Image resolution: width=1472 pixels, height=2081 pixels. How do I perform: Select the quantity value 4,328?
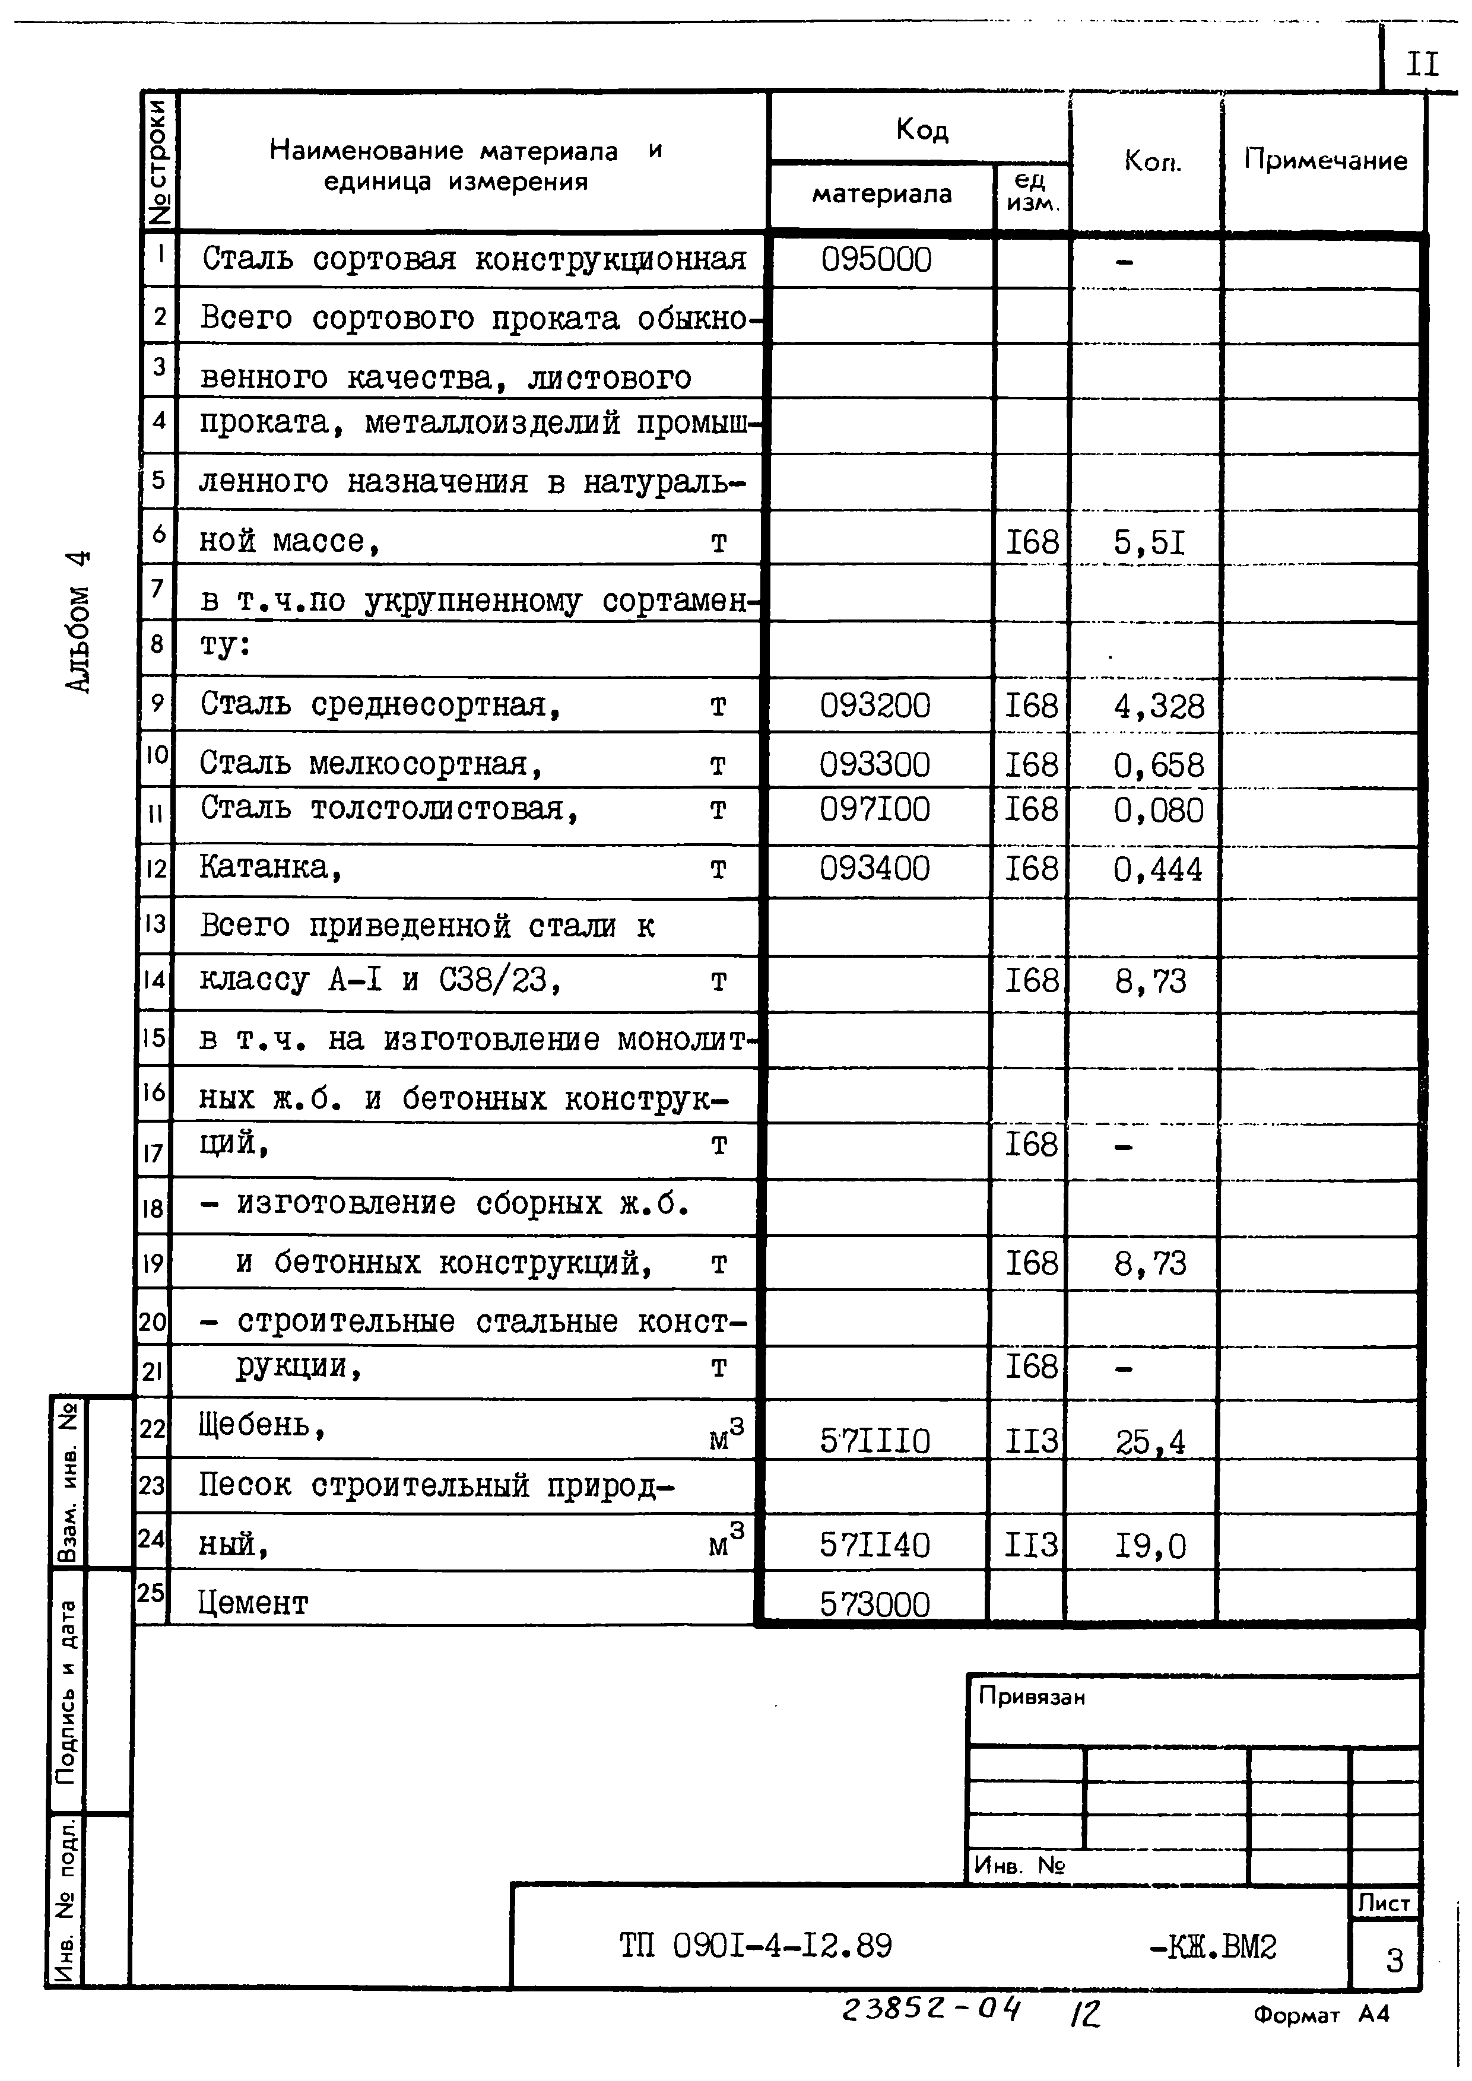click(1159, 707)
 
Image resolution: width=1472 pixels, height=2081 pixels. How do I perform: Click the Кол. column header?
click(1152, 161)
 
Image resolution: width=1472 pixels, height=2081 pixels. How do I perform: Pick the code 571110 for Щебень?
click(875, 1441)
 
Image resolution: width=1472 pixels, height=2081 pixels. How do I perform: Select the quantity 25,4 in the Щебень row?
click(1149, 1442)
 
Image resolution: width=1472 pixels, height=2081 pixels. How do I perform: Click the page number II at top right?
click(1421, 64)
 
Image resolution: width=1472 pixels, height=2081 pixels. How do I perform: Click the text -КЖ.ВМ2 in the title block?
click(1212, 1946)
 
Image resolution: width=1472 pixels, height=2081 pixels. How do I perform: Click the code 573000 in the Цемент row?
click(875, 1605)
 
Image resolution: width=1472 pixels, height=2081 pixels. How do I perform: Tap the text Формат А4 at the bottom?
click(1321, 2014)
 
